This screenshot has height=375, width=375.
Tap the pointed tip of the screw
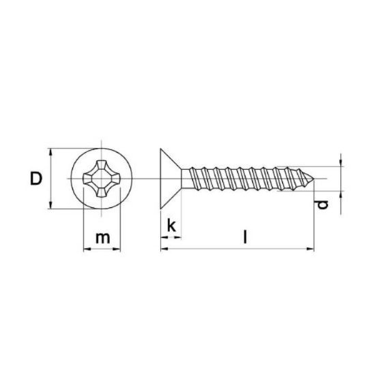315,179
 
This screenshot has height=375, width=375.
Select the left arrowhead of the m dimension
85,250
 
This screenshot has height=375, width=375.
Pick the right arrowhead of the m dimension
119,250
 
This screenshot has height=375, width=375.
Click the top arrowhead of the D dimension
52,150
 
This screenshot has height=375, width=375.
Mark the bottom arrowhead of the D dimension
52,209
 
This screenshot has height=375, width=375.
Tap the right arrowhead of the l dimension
314,250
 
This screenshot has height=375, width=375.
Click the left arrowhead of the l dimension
164,250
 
